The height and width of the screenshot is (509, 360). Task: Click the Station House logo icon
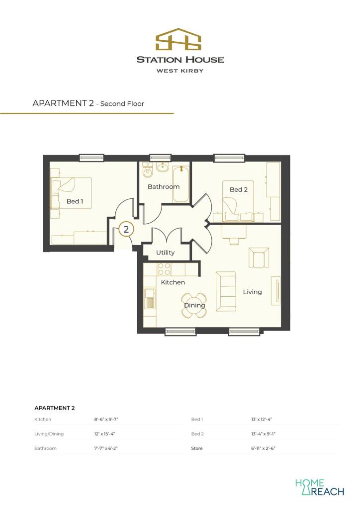pos(180,39)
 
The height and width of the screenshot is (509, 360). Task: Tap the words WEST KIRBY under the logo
pos(180,71)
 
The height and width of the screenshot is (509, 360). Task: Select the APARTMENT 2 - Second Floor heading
pos(88,103)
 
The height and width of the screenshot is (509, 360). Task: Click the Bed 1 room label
pos(75,201)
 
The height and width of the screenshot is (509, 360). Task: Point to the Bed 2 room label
pos(238,189)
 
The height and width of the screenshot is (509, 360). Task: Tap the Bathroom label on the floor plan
pos(164,186)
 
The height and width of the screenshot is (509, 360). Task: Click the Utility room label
pos(165,253)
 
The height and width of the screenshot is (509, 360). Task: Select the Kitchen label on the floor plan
pos(173,282)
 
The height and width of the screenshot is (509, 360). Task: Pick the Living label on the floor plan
pos(252,292)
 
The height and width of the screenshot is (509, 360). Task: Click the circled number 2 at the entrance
pos(126,229)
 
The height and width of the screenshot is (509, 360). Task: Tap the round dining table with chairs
pos(194,305)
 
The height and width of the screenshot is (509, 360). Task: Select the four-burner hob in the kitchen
pos(164,269)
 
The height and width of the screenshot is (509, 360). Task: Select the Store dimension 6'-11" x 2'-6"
pos(264,448)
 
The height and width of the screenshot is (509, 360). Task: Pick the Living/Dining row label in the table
pos(49,434)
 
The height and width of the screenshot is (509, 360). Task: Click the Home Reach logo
pos(319,487)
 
